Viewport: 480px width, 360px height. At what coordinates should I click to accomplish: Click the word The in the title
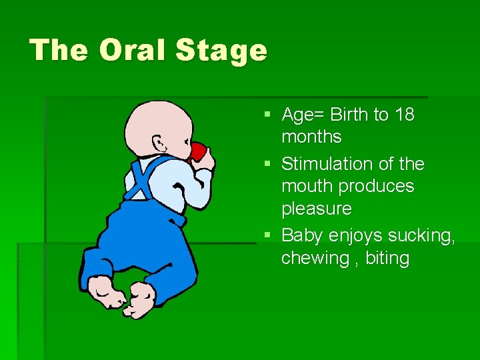pyautogui.click(x=59, y=50)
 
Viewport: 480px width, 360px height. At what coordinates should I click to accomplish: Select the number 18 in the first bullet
pyautogui.click(x=404, y=115)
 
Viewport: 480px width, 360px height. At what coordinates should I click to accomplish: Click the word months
pyautogui.click(x=311, y=137)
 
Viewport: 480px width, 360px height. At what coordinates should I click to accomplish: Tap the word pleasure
pyautogui.click(x=316, y=209)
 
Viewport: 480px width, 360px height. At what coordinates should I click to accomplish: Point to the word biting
pyautogui.click(x=387, y=258)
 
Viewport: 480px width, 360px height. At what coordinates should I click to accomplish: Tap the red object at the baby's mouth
pyautogui.click(x=199, y=152)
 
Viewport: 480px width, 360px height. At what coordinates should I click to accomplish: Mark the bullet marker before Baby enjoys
pyautogui.click(x=267, y=235)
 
